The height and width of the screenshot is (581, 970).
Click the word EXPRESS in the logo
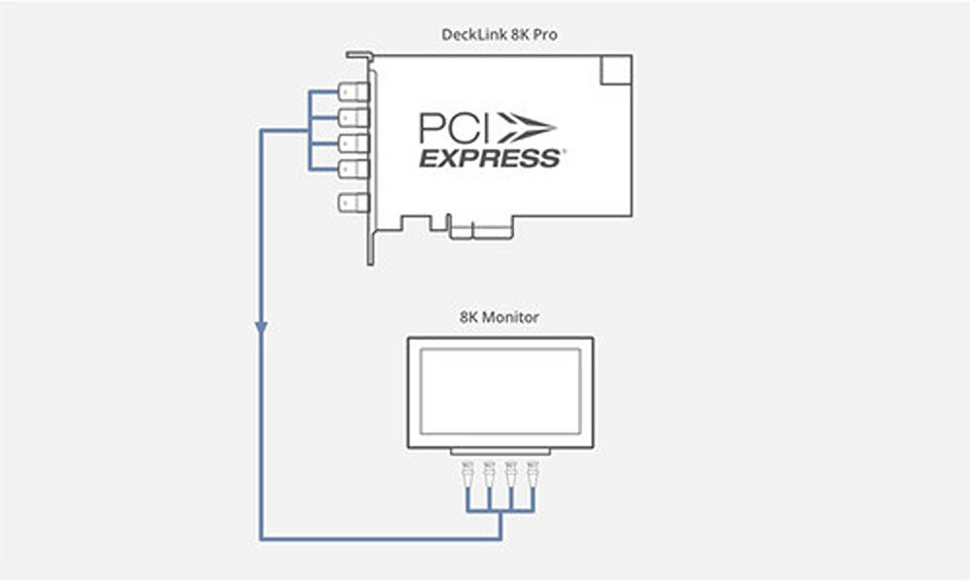click(490, 158)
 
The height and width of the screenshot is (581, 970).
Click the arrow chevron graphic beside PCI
click(527, 128)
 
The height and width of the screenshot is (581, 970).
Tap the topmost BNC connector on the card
click(354, 92)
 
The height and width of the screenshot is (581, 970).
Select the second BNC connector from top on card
click(354, 117)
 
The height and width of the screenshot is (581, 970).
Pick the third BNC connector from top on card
click(354, 143)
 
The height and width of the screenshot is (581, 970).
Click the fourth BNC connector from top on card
click(354, 169)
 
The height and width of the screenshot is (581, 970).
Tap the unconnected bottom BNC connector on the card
click(354, 203)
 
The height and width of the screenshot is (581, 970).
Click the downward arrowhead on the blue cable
click(262, 328)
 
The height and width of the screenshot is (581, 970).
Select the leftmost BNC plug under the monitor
click(468, 474)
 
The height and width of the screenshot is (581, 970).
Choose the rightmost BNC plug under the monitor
click(533, 474)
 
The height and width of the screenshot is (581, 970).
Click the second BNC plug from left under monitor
click(489, 474)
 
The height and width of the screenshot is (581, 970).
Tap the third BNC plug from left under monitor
click(511, 474)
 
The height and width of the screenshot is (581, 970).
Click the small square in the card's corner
click(616, 70)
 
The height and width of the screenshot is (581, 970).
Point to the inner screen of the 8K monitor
click(501, 392)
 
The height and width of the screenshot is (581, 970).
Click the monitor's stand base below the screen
click(500, 452)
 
